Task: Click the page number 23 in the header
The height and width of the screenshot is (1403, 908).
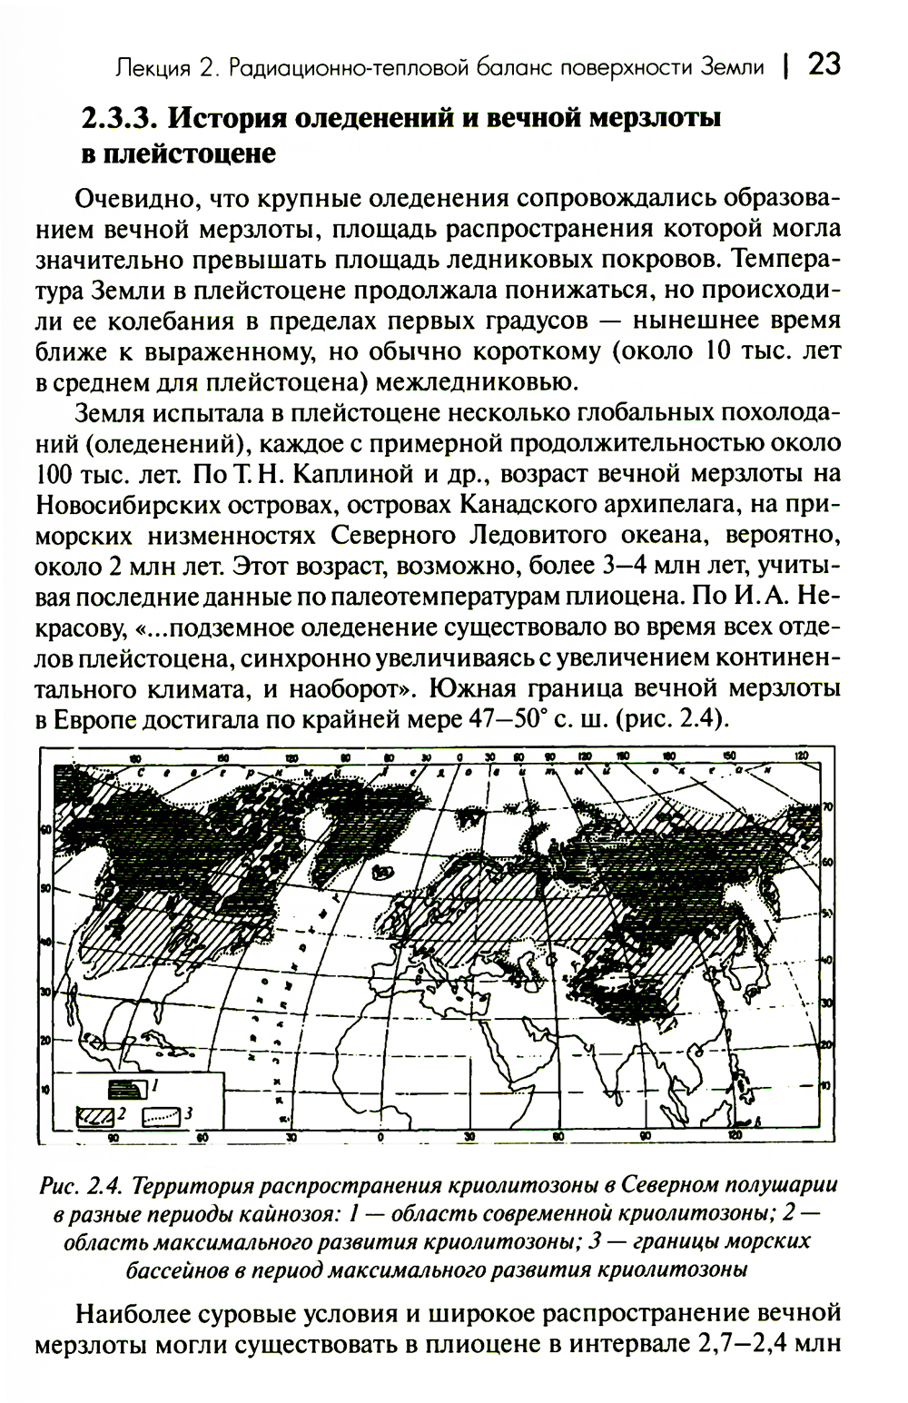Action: pyautogui.click(x=824, y=64)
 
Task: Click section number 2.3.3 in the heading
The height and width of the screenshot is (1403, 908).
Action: pyautogui.click(x=120, y=119)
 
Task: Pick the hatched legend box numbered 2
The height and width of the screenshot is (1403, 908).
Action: pyautogui.click(x=94, y=1113)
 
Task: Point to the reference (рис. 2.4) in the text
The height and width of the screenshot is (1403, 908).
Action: pyautogui.click(x=674, y=719)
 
